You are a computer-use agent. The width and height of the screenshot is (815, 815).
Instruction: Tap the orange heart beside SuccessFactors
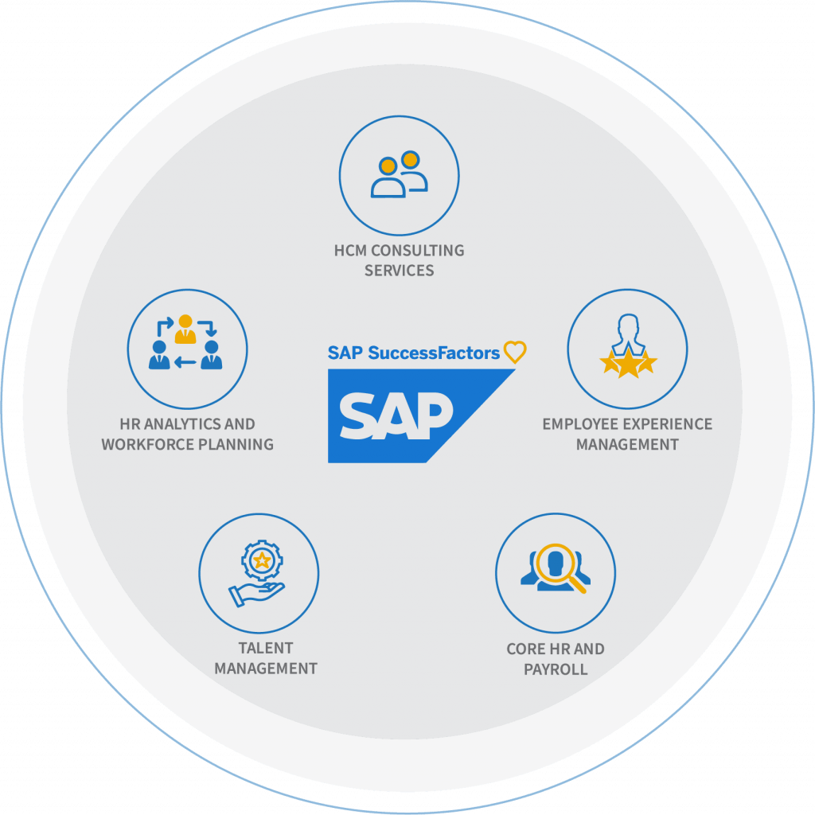(x=515, y=352)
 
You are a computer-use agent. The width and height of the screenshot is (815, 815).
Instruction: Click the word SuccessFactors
(x=434, y=353)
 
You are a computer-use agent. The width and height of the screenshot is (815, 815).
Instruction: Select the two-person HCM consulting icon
(x=400, y=174)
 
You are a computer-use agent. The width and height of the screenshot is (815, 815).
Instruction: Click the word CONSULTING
(x=417, y=251)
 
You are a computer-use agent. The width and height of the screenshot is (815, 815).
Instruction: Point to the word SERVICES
(x=400, y=271)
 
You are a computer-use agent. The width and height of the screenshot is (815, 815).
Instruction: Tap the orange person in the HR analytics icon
(x=185, y=329)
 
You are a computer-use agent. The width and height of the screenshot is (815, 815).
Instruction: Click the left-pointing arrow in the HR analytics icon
(x=185, y=362)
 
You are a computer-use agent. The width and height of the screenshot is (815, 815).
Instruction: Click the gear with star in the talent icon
(x=262, y=560)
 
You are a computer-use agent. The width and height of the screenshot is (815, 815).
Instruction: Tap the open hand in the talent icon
(x=256, y=594)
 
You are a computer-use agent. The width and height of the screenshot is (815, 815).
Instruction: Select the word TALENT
(x=266, y=648)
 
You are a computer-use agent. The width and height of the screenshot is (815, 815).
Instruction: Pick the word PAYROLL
(x=556, y=669)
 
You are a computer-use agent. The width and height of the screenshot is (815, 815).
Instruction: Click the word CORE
(x=526, y=649)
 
